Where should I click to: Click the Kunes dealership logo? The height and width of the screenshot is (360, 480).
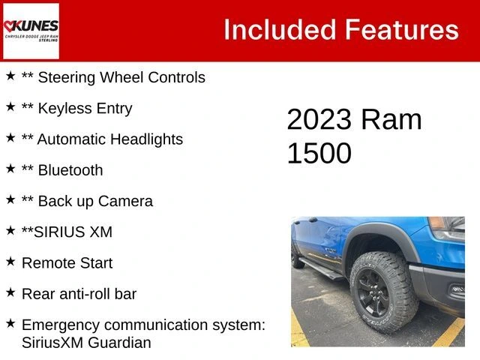31,31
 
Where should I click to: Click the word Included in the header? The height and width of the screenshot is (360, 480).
280,30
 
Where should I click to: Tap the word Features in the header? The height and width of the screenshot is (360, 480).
402,30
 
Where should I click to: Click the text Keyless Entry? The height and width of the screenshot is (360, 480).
85,108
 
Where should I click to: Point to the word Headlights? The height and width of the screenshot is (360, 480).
147,139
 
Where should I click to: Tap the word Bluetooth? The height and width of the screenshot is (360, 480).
70,170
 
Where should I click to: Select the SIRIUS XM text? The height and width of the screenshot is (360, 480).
73,232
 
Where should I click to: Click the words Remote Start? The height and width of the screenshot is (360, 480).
67,263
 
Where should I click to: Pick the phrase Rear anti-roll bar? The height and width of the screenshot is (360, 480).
79,294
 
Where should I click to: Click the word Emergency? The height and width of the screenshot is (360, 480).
61,325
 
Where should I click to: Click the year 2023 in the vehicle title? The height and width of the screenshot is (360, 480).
319,119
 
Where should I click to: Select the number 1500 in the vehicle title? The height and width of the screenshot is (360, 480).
319,153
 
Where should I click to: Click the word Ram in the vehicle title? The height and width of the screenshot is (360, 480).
391,119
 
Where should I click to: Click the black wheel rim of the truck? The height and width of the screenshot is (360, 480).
373,293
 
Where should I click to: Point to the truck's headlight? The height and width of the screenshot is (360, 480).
447,228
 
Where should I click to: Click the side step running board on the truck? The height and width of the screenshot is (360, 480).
322,269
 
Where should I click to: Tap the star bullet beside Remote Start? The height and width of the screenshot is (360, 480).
10,262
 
